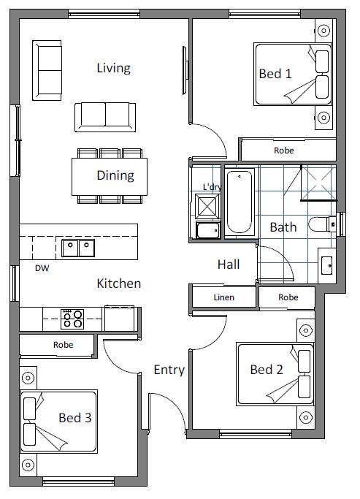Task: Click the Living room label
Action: click(113, 69)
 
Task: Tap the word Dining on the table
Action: click(115, 175)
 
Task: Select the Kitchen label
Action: click(118, 283)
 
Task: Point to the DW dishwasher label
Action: click(42, 268)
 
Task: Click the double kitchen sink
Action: click(78, 248)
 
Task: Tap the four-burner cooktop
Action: click(72, 319)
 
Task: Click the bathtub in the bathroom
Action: click(240, 202)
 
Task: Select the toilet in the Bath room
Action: click(322, 224)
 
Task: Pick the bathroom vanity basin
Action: click(326, 265)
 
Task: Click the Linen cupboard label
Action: click(224, 297)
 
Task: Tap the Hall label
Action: click(229, 264)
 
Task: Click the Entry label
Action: click(169, 370)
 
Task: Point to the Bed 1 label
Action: click(275, 74)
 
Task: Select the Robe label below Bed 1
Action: click(283, 151)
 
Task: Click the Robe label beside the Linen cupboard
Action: click(288, 297)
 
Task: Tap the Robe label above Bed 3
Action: click(63, 345)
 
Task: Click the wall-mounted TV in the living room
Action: click(185, 70)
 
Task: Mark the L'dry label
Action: click(212, 187)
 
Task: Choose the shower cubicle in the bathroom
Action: click(318, 183)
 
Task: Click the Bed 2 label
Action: click(267, 370)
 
